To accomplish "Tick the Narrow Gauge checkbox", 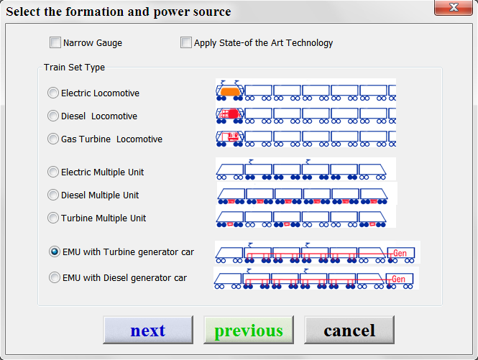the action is pyautogui.click(x=55, y=42).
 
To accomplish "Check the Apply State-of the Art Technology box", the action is pyautogui.click(x=186, y=42).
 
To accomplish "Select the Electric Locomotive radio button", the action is pyautogui.click(x=53, y=93).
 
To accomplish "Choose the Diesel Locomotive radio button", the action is pyautogui.click(x=53, y=116).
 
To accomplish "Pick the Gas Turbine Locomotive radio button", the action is pyautogui.click(x=53, y=139).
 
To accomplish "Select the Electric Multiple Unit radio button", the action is pyautogui.click(x=53, y=172).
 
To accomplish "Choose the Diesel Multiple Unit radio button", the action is pyautogui.click(x=53, y=195).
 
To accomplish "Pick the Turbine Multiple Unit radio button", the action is pyautogui.click(x=53, y=218).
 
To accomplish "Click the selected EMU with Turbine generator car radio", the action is pyautogui.click(x=55, y=251).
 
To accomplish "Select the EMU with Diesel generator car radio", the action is pyautogui.click(x=55, y=277).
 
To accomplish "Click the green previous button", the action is pyautogui.click(x=249, y=330).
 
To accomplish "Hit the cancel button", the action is pyautogui.click(x=349, y=330).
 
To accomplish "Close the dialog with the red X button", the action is pyautogui.click(x=454, y=7).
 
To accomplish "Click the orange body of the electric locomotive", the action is pyautogui.click(x=230, y=91).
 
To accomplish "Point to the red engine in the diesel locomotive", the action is pyautogui.click(x=233, y=114).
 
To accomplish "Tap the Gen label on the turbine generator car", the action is pyautogui.click(x=400, y=253).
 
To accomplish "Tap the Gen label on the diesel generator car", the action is pyautogui.click(x=398, y=279).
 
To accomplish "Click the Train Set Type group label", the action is pyautogui.click(x=74, y=67).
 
